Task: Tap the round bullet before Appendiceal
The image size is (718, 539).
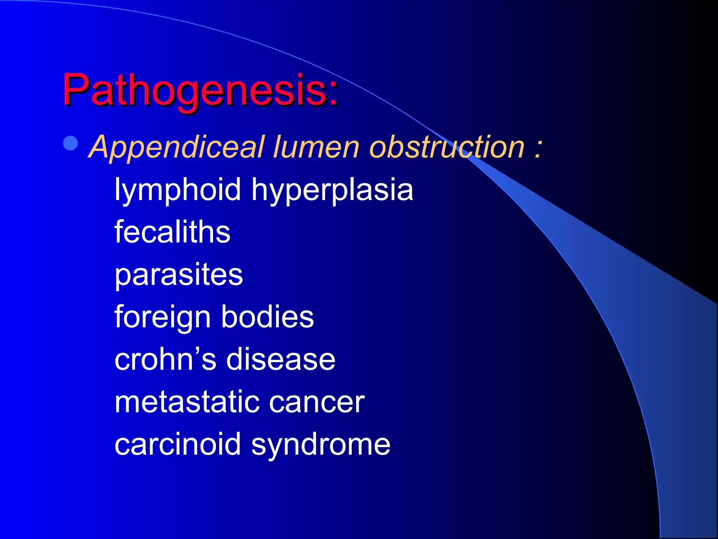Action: (x=71, y=144)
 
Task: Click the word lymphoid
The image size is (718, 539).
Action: (x=177, y=190)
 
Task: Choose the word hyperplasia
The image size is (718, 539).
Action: (x=332, y=190)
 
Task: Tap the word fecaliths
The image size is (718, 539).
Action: (x=172, y=232)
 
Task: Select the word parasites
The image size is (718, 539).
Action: (x=178, y=275)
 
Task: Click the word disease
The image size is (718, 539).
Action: (x=280, y=359)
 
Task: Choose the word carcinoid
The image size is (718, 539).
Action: (x=177, y=444)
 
